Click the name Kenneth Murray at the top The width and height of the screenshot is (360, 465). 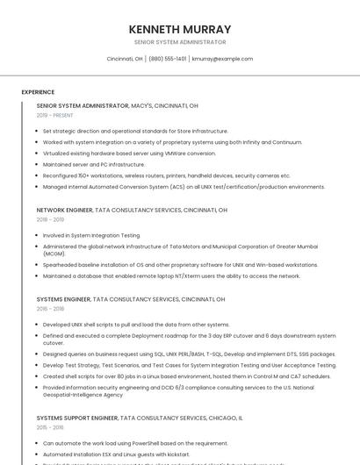tap(180, 29)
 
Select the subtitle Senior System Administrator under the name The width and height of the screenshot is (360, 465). tap(180, 42)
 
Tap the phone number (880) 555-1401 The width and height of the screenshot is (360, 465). tap(168, 59)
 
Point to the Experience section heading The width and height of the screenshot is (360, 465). tap(38, 92)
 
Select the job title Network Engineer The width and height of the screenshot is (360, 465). tap(64, 211)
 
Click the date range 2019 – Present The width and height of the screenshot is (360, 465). tap(55, 115)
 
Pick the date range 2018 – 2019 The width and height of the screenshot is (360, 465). tap(50, 220)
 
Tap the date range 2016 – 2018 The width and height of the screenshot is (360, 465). tap(50, 309)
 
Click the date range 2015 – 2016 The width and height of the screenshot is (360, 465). tap(50, 428)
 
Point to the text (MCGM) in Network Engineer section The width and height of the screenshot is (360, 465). tap(54, 254)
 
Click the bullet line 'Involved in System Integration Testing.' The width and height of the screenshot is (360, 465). tap(91, 235)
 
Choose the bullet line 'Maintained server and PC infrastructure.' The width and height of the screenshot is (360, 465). tap(94, 164)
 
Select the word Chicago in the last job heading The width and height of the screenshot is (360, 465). tap(224, 418)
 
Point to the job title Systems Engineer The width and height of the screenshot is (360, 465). tap(63, 299)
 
